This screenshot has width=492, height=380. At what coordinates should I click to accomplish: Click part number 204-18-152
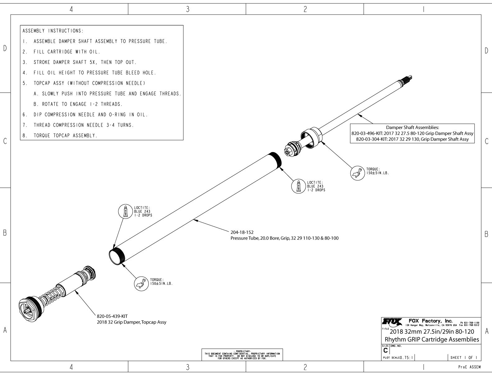click(x=242, y=232)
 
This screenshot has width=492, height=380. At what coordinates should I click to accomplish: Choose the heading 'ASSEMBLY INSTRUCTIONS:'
click(x=53, y=31)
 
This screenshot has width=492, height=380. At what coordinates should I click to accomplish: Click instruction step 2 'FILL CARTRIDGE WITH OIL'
click(x=66, y=52)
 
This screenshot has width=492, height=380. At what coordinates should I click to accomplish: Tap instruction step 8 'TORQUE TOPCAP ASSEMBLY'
click(x=65, y=136)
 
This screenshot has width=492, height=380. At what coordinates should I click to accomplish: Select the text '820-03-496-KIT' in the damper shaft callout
click(x=367, y=133)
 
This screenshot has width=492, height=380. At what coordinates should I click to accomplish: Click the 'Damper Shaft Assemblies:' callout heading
click(x=412, y=127)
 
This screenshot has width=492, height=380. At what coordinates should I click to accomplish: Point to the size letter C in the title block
click(x=385, y=350)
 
